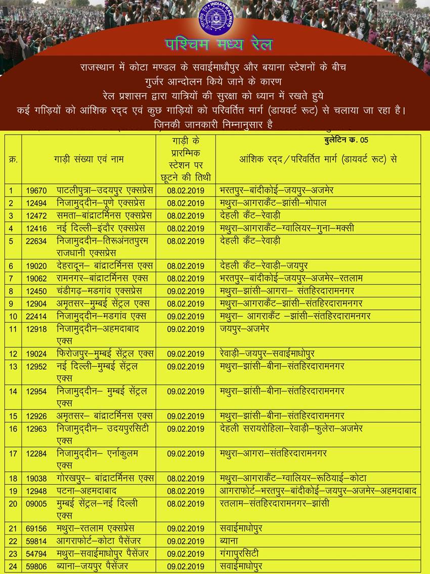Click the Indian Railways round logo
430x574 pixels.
[x=215, y=21]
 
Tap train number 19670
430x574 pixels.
[x=36, y=191]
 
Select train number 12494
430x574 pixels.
[x=36, y=203]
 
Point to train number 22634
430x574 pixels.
[x=36, y=241]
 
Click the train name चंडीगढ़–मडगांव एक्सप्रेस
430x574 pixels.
[x=100, y=291]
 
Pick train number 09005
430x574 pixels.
[x=36, y=504]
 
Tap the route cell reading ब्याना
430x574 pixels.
[x=229, y=541]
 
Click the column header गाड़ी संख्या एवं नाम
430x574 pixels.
[x=89, y=159]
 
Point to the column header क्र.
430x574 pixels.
[x=13, y=159]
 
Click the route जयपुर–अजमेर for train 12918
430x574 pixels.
[x=244, y=328]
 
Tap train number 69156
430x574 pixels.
[x=36, y=528]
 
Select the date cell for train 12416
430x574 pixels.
[x=186, y=228]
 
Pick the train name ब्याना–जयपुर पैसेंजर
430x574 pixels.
[x=93, y=566]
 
